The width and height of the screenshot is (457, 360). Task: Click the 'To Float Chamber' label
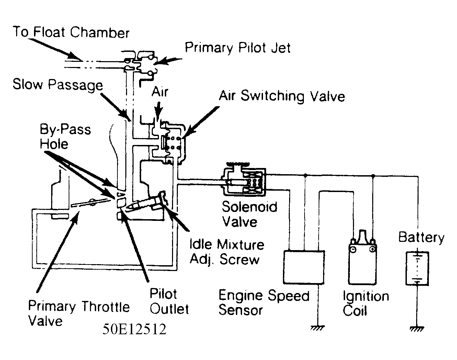tap(71, 32)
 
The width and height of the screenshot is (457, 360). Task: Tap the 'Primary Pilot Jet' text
tap(238, 48)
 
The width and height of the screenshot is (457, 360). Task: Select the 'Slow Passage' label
tap(58, 85)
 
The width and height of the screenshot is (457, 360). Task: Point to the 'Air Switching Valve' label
tap(282, 96)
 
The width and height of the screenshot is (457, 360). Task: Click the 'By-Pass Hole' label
tap(65, 136)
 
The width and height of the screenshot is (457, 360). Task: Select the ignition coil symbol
tap(362, 260)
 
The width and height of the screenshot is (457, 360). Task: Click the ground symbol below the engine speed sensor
tap(318, 328)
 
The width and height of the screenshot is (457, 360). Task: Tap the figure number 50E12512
tap(134, 329)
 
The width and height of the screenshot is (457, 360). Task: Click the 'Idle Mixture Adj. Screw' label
tap(227, 251)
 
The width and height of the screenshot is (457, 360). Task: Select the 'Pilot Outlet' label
tap(169, 301)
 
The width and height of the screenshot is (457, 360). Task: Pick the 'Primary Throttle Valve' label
tap(79, 313)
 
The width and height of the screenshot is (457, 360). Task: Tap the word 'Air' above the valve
tap(160, 92)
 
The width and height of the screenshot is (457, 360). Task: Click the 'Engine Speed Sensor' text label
tap(264, 303)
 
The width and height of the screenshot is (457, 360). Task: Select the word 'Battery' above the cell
tap(421, 237)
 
